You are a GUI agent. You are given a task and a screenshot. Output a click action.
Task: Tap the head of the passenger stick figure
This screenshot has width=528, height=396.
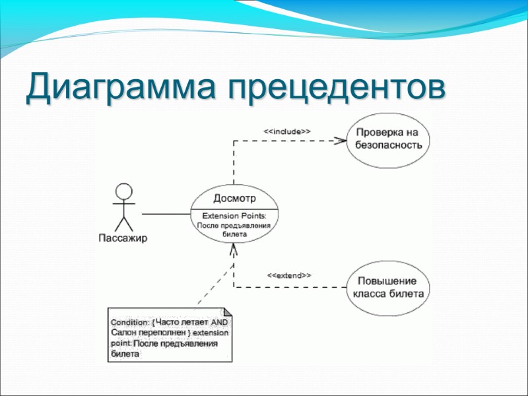point(123,191)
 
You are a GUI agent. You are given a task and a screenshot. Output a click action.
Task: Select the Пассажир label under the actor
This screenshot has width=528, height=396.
point(123,238)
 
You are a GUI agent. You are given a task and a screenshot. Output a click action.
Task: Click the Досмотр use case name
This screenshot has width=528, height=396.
point(234,198)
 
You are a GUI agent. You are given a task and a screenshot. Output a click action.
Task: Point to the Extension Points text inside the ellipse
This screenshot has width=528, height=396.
point(234,216)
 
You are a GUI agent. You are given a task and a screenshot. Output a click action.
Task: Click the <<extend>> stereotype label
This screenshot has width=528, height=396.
point(289,275)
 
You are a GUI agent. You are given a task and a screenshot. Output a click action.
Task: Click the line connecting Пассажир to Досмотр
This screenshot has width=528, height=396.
point(166,214)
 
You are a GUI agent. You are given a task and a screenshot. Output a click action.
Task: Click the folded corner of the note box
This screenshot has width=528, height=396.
point(228,312)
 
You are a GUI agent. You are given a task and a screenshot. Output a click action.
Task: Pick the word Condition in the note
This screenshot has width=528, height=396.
point(129,322)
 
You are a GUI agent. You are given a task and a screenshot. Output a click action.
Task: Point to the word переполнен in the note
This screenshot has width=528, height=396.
point(160,333)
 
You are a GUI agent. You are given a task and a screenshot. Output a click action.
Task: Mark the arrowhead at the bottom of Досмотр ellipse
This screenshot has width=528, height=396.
point(234,251)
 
